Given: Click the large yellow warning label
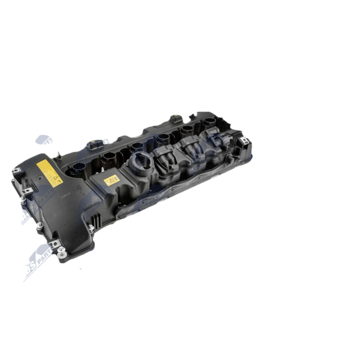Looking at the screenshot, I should pos(49,173).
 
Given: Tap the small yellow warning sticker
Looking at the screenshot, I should pos(111,180).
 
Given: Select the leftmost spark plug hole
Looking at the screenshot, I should pos(78,169).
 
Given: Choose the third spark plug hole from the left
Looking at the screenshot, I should pos(137,147).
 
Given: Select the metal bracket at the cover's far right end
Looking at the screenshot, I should pos(244,141).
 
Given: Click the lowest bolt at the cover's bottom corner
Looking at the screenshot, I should pos(62,255).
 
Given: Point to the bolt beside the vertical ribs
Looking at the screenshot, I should pos(91,228).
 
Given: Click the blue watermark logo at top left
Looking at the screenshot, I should pos(44,140).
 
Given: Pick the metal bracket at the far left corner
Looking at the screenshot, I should pos(17,171).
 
